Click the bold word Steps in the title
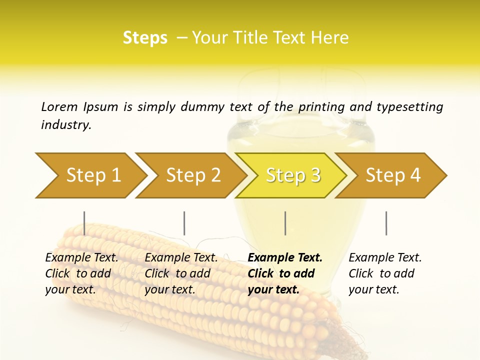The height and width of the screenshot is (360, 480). click(145, 38)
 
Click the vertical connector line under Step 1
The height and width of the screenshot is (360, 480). click(84, 223)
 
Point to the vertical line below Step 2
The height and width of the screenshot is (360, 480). click(184, 223)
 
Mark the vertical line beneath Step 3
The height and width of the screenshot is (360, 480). click(285, 223)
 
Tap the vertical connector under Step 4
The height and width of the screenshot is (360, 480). click(386, 223)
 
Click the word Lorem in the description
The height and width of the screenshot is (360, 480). click(59, 106)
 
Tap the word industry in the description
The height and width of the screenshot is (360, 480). click(66, 124)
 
